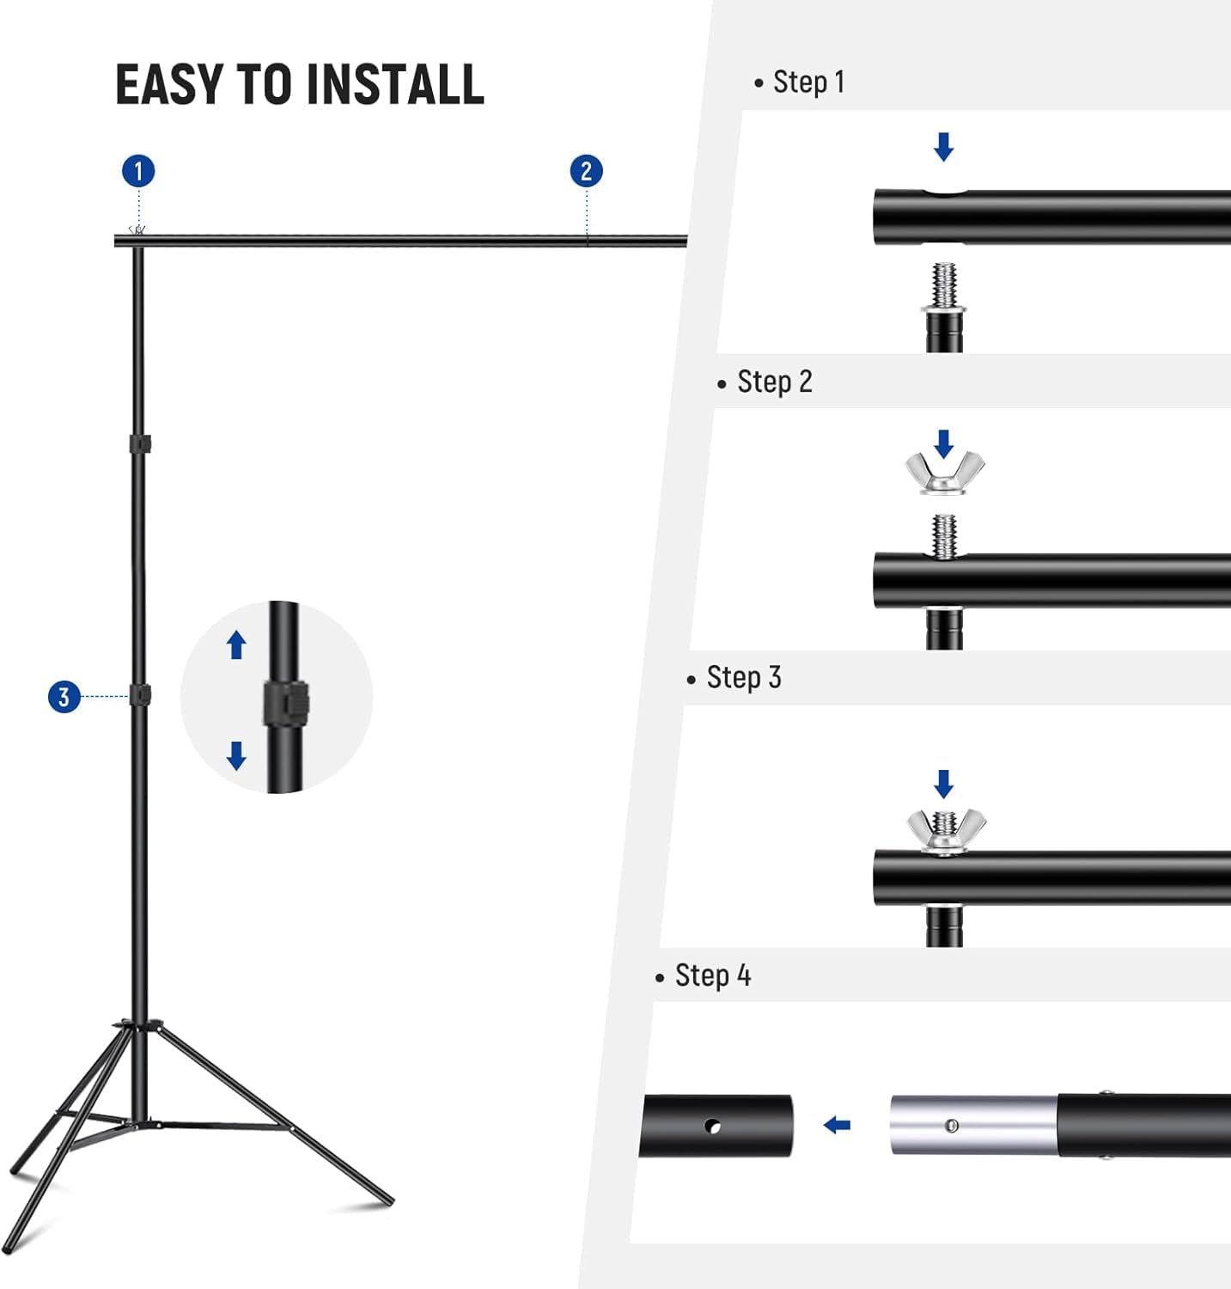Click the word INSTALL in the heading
(395, 84)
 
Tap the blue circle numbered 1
(138, 171)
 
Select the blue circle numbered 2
(586, 171)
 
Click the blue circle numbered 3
(64, 696)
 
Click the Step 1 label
(807, 82)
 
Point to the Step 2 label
(773, 382)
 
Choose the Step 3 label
(743, 678)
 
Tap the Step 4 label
(712, 976)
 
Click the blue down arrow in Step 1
(943, 147)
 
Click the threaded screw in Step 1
(944, 286)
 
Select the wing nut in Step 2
(944, 472)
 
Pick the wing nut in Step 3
(945, 830)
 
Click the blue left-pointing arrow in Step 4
(837, 1125)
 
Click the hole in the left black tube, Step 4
(712, 1126)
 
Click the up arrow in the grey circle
(236, 644)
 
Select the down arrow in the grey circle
(236, 755)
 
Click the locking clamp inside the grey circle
(285, 703)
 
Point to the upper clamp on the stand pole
(140, 444)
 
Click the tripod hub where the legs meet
(140, 1027)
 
